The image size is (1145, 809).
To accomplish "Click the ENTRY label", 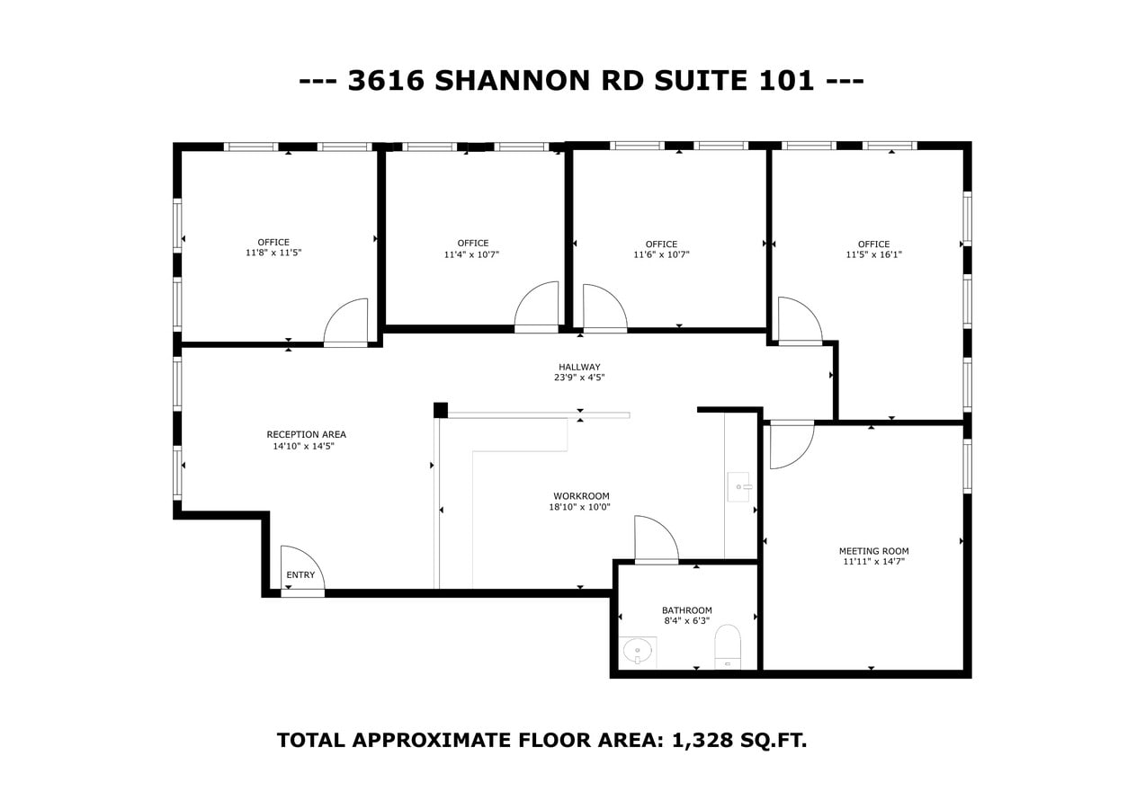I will point(300,575).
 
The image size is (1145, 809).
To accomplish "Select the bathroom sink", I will point(637,650).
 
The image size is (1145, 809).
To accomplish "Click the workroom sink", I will point(738,486).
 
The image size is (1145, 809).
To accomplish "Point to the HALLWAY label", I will point(579,367).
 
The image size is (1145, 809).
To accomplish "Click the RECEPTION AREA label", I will point(306,435).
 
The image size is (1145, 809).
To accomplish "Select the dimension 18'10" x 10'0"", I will point(580,507).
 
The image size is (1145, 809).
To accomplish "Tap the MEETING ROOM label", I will point(873,551).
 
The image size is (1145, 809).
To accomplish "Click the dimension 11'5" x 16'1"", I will point(873,255).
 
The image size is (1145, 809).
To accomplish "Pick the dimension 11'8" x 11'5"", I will point(273,253).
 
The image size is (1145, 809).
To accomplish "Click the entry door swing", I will point(302,568).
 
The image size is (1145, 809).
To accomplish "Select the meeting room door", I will point(792,444).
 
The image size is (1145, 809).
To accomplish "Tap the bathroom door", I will point(656,539).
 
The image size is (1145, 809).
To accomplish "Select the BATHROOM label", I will point(687,610).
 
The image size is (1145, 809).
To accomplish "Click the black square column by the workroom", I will point(441,410).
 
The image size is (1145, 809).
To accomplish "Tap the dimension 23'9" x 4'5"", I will point(579,378).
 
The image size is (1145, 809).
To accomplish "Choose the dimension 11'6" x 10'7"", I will point(661,255).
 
